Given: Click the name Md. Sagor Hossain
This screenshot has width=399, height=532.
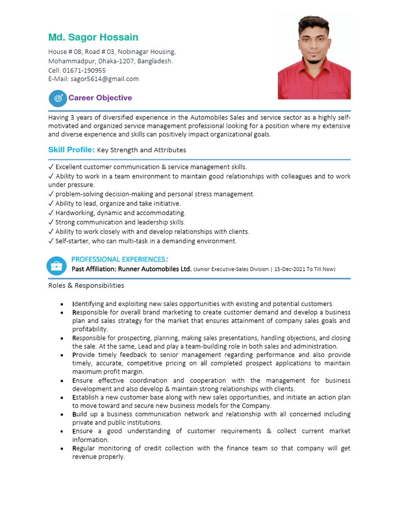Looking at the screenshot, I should pyautogui.click(x=94, y=37).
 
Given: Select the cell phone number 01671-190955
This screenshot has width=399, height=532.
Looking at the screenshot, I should pyautogui.click(x=84, y=70).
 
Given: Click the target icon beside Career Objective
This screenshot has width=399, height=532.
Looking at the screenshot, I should pyautogui.click(x=58, y=98).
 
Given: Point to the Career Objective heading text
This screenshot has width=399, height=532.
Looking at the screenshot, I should pyautogui.click(x=100, y=98).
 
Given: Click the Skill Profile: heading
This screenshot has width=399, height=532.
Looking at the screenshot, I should pyautogui.click(x=71, y=150).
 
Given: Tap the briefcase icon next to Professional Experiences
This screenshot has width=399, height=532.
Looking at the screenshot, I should pyautogui.click(x=56, y=265).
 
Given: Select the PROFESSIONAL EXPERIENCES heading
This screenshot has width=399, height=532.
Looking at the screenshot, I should pyautogui.click(x=118, y=259).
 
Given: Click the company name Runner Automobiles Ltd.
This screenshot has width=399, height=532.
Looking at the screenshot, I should pyautogui.click(x=155, y=269).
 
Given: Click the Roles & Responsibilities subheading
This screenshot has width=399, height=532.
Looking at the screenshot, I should pyautogui.click(x=86, y=285).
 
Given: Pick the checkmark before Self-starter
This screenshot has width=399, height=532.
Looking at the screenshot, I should pyautogui.click(x=51, y=241).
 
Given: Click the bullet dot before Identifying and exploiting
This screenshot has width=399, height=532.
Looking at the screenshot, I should pyautogui.click(x=62, y=304).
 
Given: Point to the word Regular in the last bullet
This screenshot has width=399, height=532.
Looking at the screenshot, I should pyautogui.click(x=84, y=448).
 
